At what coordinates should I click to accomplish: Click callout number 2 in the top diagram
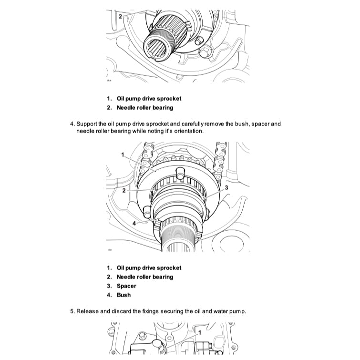[120, 16]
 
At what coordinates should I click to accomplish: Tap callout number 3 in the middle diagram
[226, 188]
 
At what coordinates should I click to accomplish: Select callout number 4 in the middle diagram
[134, 223]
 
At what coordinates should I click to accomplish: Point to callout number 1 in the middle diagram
[123, 154]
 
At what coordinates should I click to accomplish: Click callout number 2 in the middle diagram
[123, 190]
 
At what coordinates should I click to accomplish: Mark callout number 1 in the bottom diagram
[200, 331]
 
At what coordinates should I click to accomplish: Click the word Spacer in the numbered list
[126, 286]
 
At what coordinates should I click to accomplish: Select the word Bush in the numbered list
[123, 295]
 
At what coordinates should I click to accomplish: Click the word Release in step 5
[87, 311]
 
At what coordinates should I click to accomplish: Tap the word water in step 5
[213, 311]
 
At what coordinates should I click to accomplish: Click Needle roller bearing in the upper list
[145, 108]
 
